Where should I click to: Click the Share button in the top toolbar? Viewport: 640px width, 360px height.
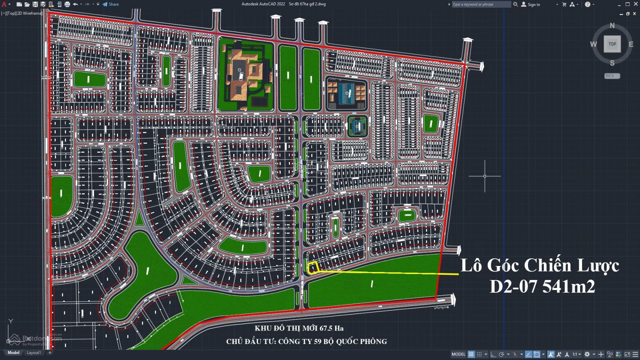(111, 4)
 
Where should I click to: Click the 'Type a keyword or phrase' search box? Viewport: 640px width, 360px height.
(481, 4)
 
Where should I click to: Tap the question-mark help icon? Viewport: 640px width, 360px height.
(587, 4)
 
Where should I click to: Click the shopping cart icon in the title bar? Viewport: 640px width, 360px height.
(564, 4)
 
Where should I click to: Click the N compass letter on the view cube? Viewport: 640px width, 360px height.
(612, 26)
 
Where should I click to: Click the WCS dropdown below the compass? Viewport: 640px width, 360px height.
(612, 76)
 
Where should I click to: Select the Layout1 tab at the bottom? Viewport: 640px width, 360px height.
(34, 353)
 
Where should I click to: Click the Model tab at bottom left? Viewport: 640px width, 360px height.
(14, 353)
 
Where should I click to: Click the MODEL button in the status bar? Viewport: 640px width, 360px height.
(458, 354)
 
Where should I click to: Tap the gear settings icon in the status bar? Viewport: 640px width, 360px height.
(587, 354)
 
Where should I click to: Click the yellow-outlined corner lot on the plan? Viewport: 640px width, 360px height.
(312, 267)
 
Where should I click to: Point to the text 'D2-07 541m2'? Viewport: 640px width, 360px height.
(542, 286)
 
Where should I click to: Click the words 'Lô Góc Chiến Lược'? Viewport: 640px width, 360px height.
(540, 265)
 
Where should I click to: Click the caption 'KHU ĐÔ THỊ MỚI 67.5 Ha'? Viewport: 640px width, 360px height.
(299, 328)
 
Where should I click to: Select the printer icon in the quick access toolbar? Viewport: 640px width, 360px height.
(67, 4)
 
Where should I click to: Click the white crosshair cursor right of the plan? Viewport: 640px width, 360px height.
(485, 176)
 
